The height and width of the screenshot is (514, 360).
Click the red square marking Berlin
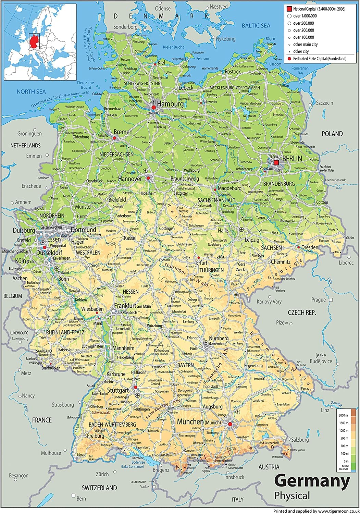point(276,163)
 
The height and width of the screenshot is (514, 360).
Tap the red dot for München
point(230,424)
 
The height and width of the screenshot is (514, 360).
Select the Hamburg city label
point(170,103)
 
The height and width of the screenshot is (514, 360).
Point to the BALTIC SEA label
point(256,25)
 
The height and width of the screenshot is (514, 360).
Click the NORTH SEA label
point(31,91)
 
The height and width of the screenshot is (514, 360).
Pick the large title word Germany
point(312,481)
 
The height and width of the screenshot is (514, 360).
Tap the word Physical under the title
point(292,495)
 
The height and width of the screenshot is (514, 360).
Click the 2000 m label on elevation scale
point(344,415)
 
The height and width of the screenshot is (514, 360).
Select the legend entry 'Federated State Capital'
point(319,59)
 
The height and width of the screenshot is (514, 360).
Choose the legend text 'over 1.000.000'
point(305,16)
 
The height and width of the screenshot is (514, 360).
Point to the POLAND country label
point(332,134)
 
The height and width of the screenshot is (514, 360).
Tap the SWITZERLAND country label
point(99,488)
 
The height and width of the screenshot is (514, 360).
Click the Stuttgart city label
point(118,390)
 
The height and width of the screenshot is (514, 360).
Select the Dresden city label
point(310,247)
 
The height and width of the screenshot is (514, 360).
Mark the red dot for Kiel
point(155,64)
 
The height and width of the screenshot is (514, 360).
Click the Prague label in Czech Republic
point(318,299)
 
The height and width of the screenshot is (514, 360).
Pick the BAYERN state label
point(185,365)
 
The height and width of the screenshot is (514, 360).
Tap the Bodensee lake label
point(138,462)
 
